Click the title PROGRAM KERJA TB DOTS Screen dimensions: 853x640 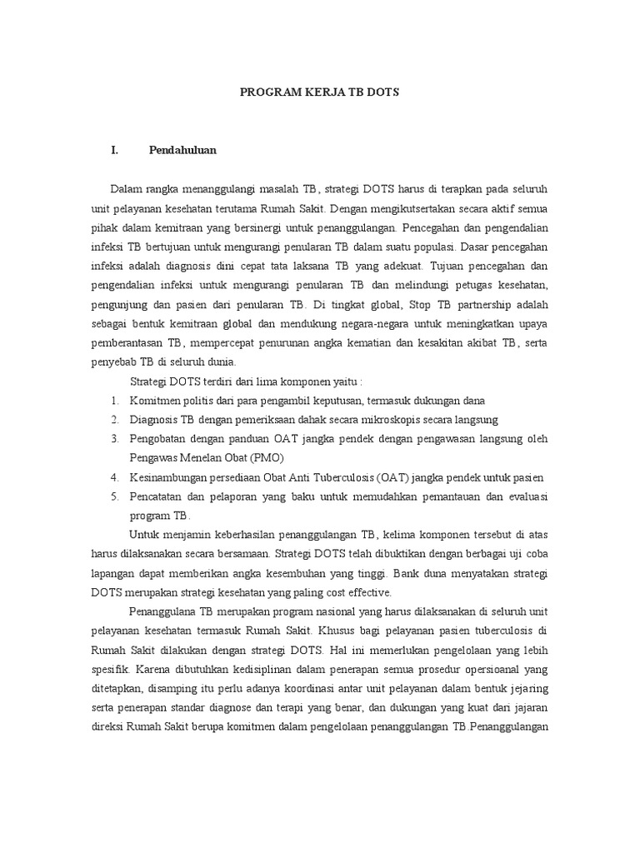[320, 92]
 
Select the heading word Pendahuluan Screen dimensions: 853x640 [182, 151]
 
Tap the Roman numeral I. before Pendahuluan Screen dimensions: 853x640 [115, 151]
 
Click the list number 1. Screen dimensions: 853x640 [113, 401]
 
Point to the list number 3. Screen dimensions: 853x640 [113, 439]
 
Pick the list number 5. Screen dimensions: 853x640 [113, 496]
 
